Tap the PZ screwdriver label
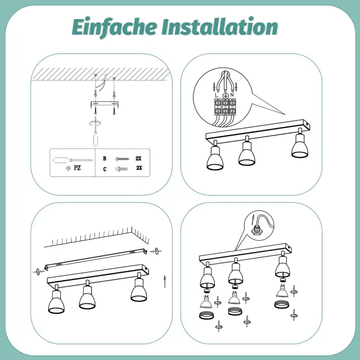click(77, 168)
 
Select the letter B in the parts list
click(105, 159)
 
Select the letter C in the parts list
click(105, 169)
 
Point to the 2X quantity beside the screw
click(138, 159)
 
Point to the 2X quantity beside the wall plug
click(139, 168)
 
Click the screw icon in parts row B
click(122, 159)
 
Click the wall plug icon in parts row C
click(121, 169)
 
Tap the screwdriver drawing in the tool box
click(73, 160)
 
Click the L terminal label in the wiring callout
click(217, 95)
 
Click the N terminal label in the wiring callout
click(232, 95)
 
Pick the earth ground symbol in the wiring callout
click(225, 96)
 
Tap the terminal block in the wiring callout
click(225, 107)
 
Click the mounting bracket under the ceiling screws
click(104, 105)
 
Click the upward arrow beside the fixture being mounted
click(164, 281)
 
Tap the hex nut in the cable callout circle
click(255, 231)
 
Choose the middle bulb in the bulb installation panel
click(234, 298)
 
